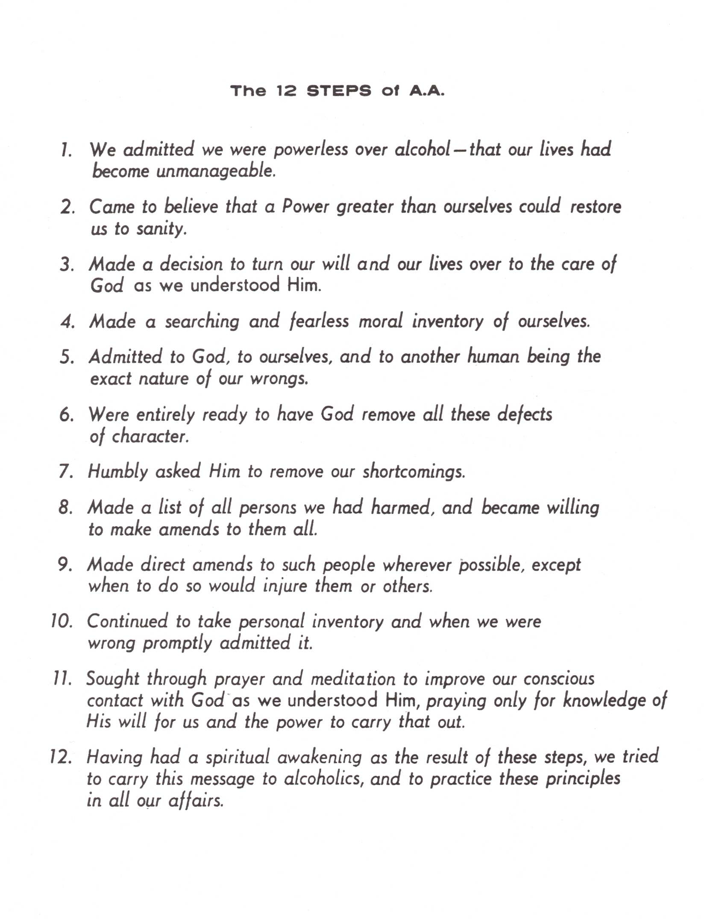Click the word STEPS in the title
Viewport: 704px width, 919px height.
pyautogui.click(x=339, y=91)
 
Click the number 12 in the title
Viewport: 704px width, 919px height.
pyautogui.click(x=286, y=91)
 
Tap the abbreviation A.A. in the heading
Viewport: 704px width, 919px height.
pyautogui.click(x=427, y=91)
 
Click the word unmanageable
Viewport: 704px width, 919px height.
pyautogui.click(x=216, y=172)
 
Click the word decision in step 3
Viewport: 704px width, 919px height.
pyautogui.click(x=191, y=265)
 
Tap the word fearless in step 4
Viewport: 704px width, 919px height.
pyautogui.click(x=319, y=321)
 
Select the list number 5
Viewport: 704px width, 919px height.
pyautogui.click(x=67, y=357)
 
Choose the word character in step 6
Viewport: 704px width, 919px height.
pyautogui.click(x=150, y=437)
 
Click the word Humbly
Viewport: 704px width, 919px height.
pyautogui.click(x=117, y=472)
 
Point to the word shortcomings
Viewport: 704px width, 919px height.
pyautogui.click(x=414, y=472)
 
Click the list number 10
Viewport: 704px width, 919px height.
pyautogui.click(x=62, y=621)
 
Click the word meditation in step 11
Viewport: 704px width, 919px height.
pyautogui.click(x=353, y=680)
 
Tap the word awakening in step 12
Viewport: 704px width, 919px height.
pyautogui.click(x=319, y=758)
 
